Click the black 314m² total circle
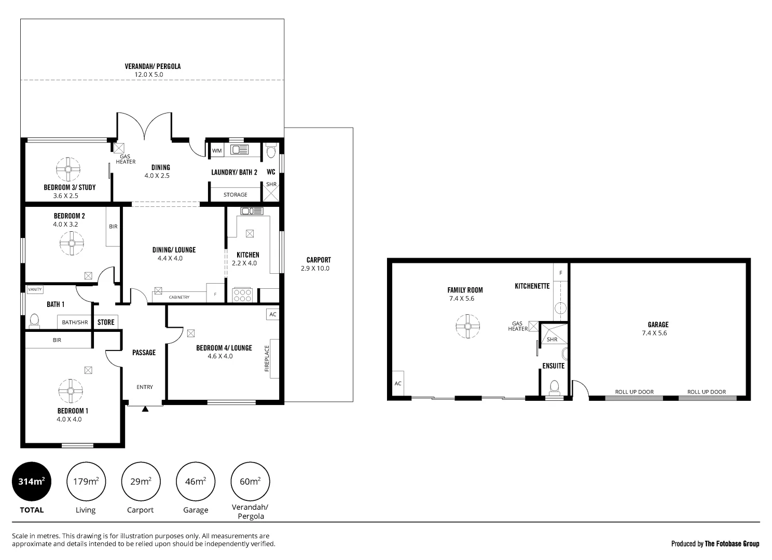32,482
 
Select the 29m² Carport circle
141,482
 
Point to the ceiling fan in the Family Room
467,326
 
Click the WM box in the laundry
217,151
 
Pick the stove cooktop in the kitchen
242,295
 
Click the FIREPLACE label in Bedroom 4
267,359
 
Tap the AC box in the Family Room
398,384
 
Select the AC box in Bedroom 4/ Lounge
273,314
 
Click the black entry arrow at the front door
145,409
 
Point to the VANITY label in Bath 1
35,289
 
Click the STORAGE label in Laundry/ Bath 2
235,194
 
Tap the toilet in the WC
270,152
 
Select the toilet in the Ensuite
554,386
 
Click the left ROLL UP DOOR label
634,392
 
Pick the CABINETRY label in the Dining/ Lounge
179,297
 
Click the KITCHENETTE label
532,286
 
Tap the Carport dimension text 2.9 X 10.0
315,269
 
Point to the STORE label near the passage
106,322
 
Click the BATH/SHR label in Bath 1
75,323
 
